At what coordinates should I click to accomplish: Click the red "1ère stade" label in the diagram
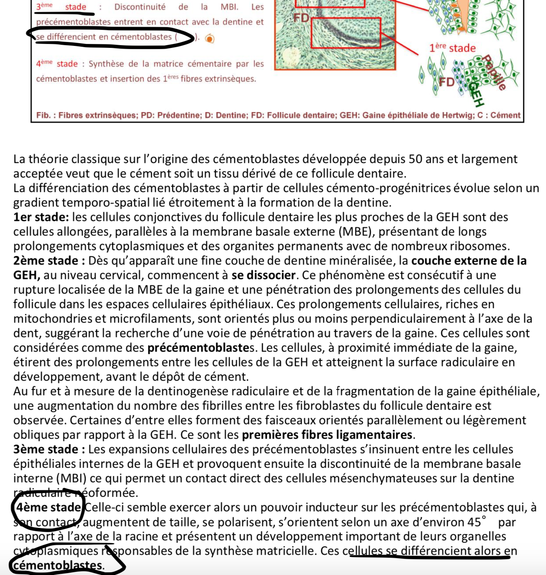pos(452,48)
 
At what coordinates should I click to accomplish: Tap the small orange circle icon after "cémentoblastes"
pos(210,38)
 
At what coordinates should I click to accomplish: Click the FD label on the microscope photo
pos(301,18)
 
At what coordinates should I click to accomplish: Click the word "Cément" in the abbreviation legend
pos(505,115)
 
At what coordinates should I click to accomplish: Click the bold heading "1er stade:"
pos(41,217)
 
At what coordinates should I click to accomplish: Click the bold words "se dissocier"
pos(263,275)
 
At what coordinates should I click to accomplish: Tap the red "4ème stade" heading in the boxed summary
pos(57,64)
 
